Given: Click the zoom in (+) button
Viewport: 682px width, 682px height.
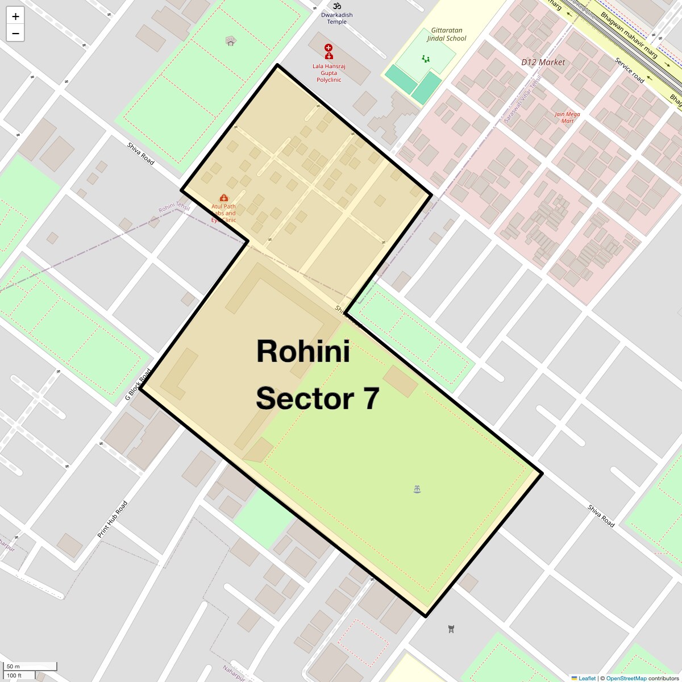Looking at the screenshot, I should tap(15, 16).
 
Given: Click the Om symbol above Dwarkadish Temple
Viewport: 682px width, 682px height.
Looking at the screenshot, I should tap(337, 6).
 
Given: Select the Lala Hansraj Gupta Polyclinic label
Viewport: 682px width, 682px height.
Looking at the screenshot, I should tap(328, 73).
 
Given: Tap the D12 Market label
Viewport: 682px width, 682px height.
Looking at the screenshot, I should tap(543, 62).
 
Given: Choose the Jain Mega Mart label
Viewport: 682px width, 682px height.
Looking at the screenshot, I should tap(567, 117).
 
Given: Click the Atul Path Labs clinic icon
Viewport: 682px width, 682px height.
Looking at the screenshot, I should tap(223, 198).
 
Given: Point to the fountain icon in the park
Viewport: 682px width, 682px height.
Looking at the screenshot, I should tap(417, 489).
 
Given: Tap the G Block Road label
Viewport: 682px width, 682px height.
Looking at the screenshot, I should tap(138, 385).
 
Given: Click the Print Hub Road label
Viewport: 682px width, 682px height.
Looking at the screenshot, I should tap(113, 519).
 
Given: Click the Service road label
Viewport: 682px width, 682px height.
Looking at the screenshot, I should tap(629, 70).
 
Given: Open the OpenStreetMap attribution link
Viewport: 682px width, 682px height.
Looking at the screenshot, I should tap(626, 678).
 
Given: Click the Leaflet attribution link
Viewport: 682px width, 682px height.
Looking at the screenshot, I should tap(587, 678).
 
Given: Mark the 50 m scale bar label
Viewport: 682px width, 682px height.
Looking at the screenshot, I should tap(13, 666).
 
